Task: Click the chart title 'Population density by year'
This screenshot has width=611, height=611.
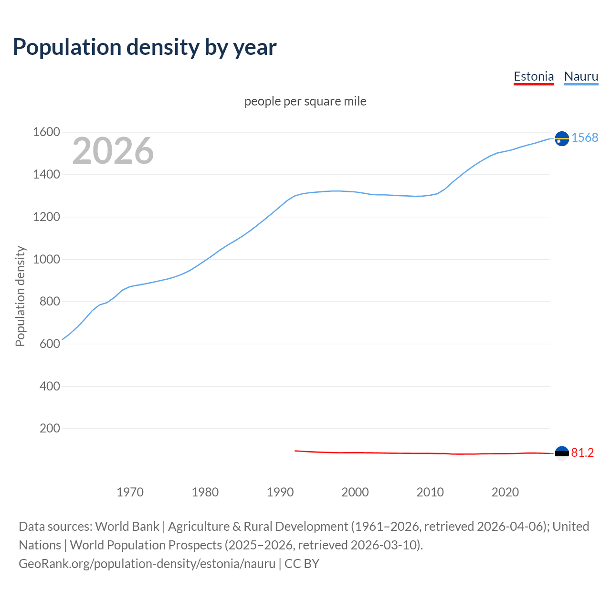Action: pyautogui.click(x=145, y=47)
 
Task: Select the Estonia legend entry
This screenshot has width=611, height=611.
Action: pyautogui.click(x=534, y=76)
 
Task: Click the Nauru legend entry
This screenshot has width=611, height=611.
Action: pyautogui.click(x=581, y=76)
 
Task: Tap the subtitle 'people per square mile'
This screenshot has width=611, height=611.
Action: pyautogui.click(x=305, y=101)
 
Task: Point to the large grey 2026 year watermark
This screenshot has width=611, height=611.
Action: pyautogui.click(x=113, y=151)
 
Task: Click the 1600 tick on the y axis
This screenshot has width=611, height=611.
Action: pyautogui.click(x=46, y=132)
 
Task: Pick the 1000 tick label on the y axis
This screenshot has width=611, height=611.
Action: pyautogui.click(x=46, y=259)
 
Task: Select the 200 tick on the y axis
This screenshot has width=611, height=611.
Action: pyautogui.click(x=50, y=428)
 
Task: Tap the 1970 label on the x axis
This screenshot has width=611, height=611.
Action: pyautogui.click(x=130, y=492)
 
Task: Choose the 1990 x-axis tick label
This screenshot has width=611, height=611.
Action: pyautogui.click(x=280, y=492)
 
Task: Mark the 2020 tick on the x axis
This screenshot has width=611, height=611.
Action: pyautogui.click(x=505, y=492)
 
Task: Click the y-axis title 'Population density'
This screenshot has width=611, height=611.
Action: pyautogui.click(x=20, y=296)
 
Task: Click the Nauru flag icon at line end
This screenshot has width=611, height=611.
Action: pyautogui.click(x=562, y=138)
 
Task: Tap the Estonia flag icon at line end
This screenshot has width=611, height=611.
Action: pyautogui.click(x=562, y=453)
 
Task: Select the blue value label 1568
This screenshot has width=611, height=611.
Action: pyautogui.click(x=585, y=137)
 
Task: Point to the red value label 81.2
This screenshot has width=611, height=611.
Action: pyautogui.click(x=582, y=453)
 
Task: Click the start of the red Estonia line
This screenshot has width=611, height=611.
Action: pyautogui.click(x=295, y=451)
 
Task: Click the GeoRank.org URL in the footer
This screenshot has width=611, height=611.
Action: pyautogui.click(x=147, y=564)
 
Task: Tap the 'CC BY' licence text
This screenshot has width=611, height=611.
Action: pyautogui.click(x=302, y=564)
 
